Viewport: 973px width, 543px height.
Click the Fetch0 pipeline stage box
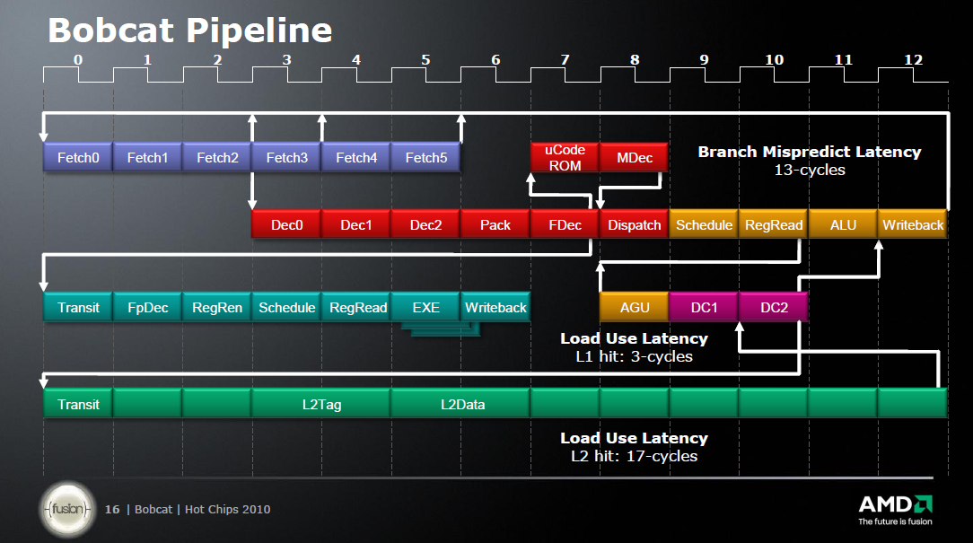tap(78, 158)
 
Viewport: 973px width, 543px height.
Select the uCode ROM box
tap(565, 158)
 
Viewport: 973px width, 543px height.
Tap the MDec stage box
tap(634, 158)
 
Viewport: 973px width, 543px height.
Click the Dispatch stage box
tap(634, 225)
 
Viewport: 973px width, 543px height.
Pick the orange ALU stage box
tap(843, 225)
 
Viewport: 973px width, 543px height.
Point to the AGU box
tap(634, 307)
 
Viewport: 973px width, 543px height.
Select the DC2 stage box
tap(774, 307)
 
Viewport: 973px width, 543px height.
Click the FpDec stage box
tap(147, 307)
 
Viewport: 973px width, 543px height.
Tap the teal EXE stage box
tap(425, 307)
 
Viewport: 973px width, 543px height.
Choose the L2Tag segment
tap(320, 404)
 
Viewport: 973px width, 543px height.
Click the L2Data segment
tap(461, 404)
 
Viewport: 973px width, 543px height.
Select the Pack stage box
tap(495, 225)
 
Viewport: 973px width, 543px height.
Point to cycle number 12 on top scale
tap(913, 60)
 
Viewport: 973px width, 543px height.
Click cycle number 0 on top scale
tap(78, 60)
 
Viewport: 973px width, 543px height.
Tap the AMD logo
tap(895, 504)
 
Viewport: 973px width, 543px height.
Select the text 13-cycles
tap(810, 170)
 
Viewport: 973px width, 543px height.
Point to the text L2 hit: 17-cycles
tap(634, 456)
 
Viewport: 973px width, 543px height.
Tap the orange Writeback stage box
tap(913, 225)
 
